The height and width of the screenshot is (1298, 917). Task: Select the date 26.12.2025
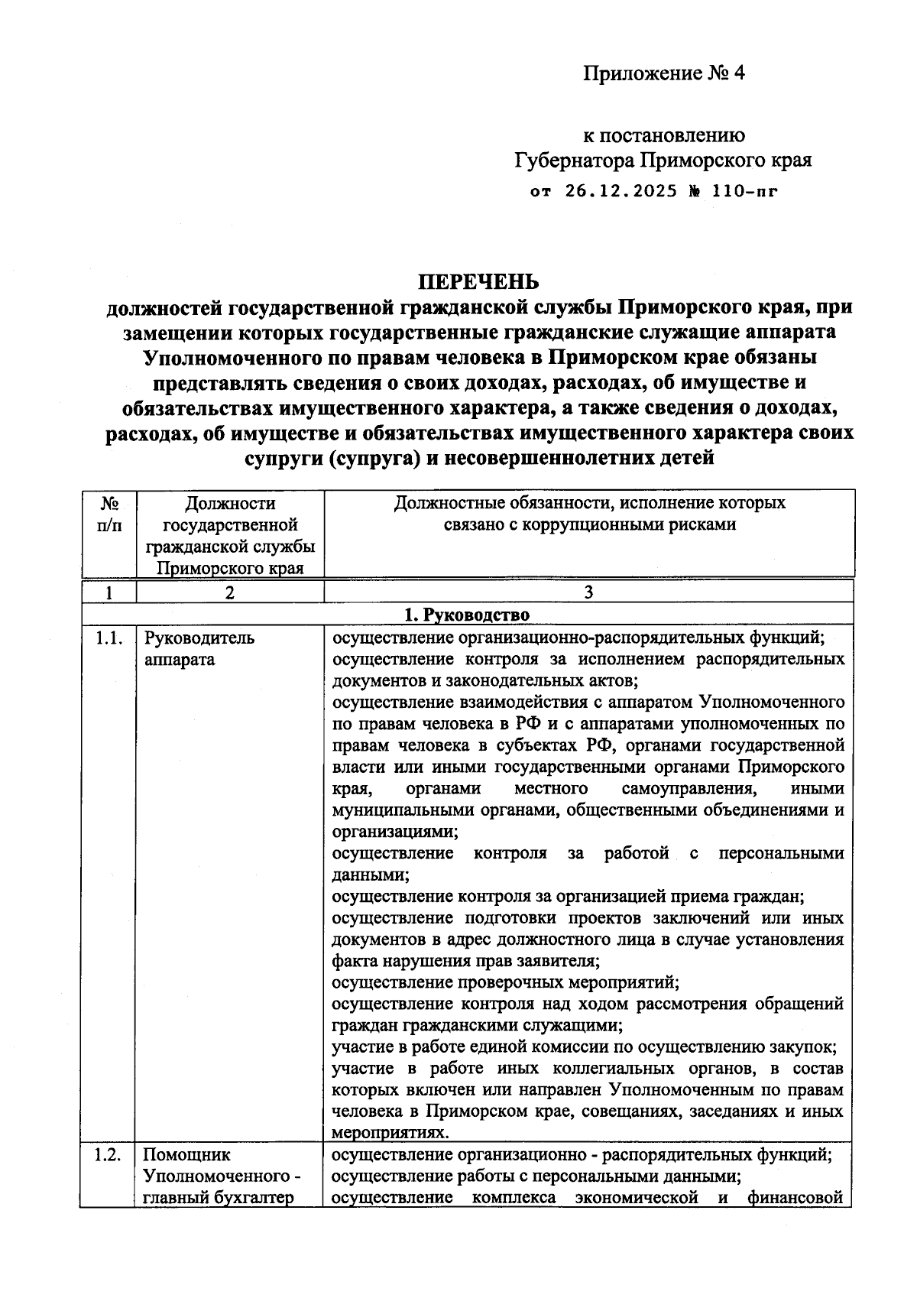point(621,191)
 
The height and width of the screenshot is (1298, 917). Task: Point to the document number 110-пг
point(745,191)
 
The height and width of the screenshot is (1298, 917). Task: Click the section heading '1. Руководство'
point(466,615)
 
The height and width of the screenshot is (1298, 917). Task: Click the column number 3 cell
point(588,592)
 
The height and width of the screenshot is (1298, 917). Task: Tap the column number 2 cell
point(229,592)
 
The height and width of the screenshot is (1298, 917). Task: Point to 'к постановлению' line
point(664,135)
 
